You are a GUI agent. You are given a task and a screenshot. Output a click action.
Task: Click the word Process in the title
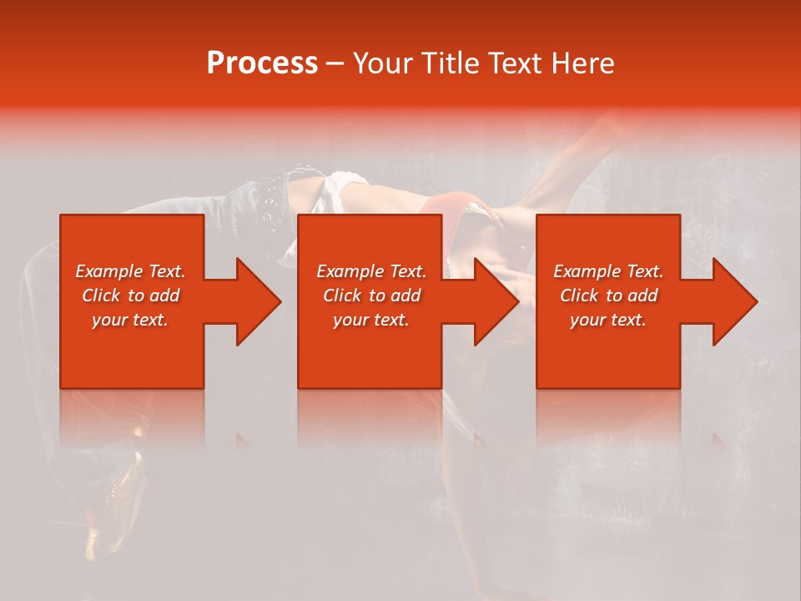262,63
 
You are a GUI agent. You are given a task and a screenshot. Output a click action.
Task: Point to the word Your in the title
383,63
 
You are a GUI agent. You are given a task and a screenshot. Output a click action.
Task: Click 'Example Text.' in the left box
130,271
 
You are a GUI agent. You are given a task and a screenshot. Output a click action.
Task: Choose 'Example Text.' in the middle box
371,271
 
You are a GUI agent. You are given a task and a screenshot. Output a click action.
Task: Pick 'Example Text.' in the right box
608,271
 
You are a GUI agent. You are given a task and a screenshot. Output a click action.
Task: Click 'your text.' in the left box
130,320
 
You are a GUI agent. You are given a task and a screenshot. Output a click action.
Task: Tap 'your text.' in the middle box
371,320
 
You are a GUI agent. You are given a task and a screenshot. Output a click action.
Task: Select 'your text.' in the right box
608,320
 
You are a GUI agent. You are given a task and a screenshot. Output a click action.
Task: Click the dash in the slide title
335,64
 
